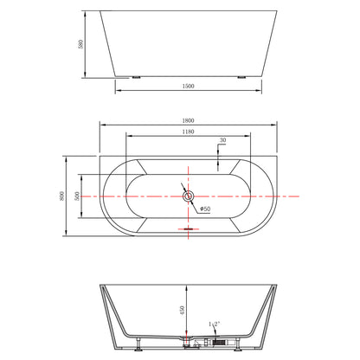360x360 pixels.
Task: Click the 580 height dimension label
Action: click(80, 44)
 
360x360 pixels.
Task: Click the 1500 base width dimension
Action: click(188, 86)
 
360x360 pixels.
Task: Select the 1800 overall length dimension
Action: click(188, 120)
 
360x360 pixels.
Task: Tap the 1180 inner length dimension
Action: click(188, 132)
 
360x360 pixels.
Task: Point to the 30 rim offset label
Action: click(222, 140)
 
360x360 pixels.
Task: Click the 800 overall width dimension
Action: click(61, 196)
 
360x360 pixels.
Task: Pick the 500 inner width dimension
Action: click(77, 196)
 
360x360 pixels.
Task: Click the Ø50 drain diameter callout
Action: click(205, 209)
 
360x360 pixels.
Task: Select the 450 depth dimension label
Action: click(182, 310)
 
